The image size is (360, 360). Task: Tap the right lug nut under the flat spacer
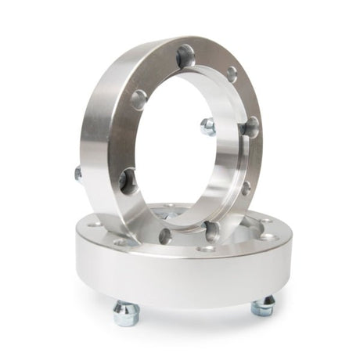(x=263, y=306)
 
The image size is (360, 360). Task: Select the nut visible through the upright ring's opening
(x=207, y=127)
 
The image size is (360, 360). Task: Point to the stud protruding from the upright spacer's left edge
(x=78, y=174)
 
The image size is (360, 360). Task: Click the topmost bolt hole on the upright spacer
(x=185, y=56)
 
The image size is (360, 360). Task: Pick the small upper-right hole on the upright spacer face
(x=232, y=74)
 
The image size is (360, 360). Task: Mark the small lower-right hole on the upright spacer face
(x=245, y=188)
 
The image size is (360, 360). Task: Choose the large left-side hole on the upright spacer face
(x=139, y=99)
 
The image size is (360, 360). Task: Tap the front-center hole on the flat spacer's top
(x=207, y=249)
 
